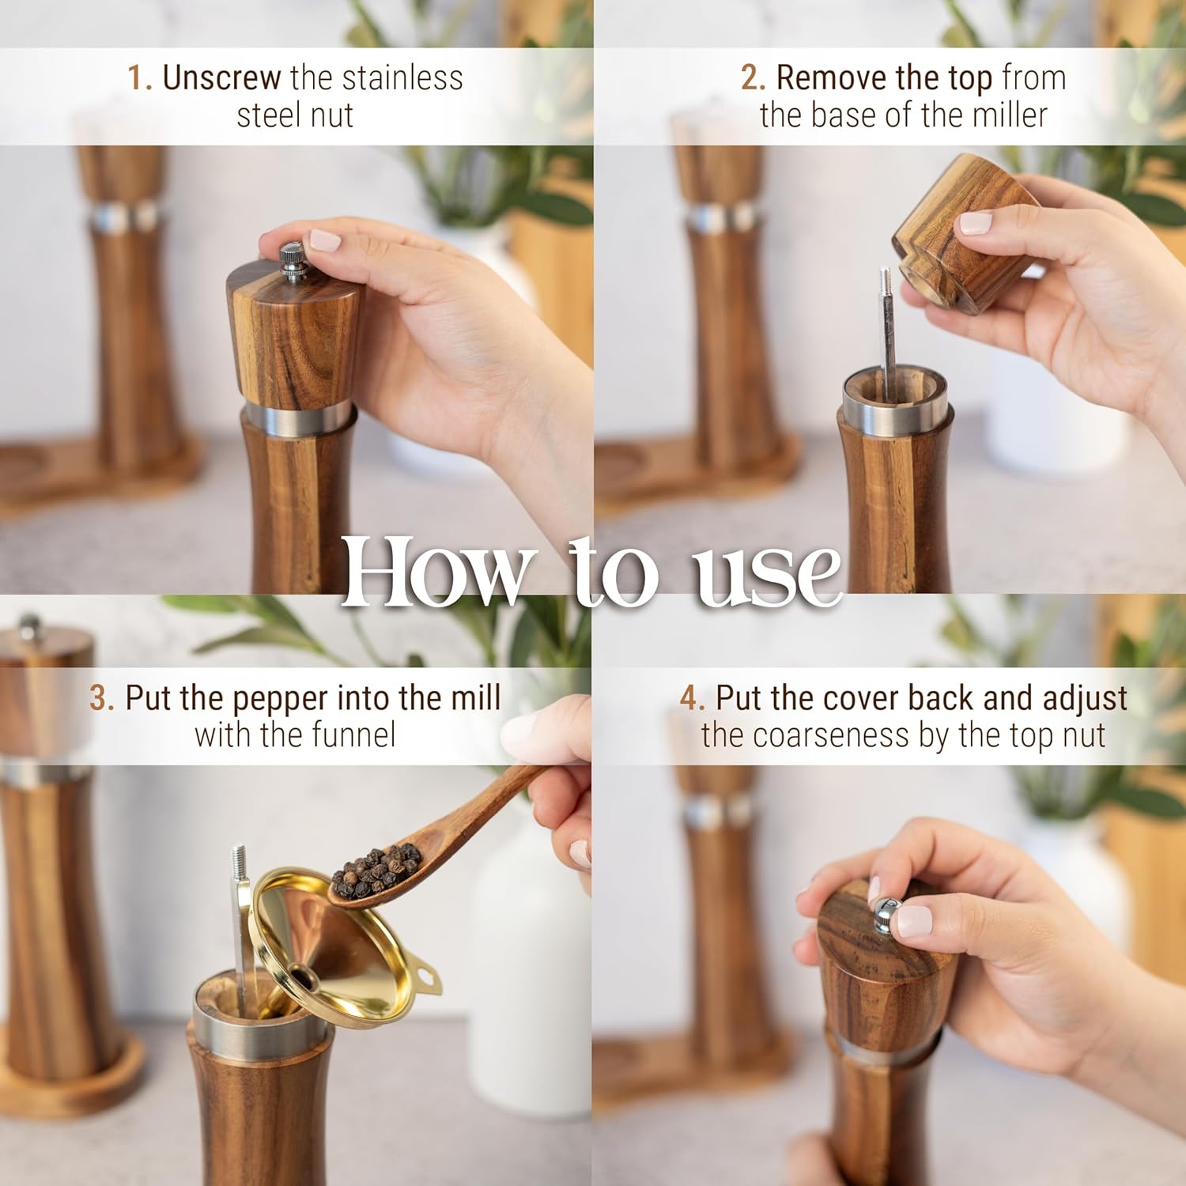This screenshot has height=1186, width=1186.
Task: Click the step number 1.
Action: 138,78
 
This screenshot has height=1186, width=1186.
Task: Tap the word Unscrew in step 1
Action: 221,78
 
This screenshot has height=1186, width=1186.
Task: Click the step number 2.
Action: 753,78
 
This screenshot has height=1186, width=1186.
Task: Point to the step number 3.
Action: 101,698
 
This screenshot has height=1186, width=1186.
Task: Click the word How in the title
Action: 436,571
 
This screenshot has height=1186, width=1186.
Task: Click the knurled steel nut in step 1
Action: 294,262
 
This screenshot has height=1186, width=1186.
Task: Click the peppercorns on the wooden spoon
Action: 377,868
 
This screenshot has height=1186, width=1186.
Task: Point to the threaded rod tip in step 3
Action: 239,857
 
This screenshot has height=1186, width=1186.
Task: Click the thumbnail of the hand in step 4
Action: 916,920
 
